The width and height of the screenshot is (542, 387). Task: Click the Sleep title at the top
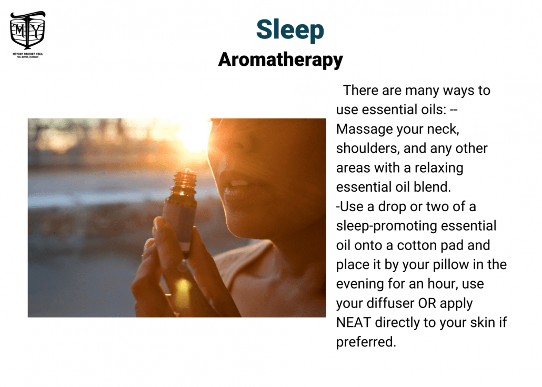(290, 29)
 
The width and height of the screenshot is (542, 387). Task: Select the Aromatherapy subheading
(280, 60)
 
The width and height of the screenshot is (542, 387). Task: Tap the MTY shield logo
(28, 29)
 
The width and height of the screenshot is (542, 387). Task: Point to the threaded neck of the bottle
(185, 178)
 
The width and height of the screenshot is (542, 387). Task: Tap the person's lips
(238, 187)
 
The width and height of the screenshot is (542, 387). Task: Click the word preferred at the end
(366, 342)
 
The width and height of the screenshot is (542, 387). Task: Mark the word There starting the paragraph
(360, 90)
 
